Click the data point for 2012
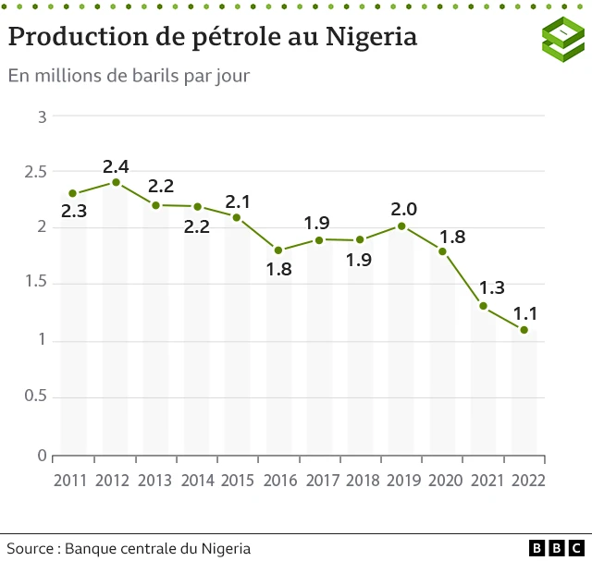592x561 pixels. tap(116, 182)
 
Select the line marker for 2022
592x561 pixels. tap(524, 330)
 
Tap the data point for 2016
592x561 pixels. tap(278, 250)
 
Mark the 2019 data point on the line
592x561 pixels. tap(401, 226)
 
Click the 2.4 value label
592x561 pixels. tap(116, 166)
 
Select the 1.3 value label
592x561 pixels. tap(490, 287)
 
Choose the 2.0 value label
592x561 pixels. tap(404, 208)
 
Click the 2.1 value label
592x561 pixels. tap(238, 201)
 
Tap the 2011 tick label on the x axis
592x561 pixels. tap(71, 481)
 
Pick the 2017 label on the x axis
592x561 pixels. tap(321, 481)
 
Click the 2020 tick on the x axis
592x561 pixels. tap(446, 481)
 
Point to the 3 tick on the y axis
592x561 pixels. tap(42, 116)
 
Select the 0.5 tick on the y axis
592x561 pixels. tap(35, 397)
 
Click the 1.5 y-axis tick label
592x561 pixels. tap(35, 285)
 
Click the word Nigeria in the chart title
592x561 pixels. tap(371, 37)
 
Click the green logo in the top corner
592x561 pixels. tap(562, 39)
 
